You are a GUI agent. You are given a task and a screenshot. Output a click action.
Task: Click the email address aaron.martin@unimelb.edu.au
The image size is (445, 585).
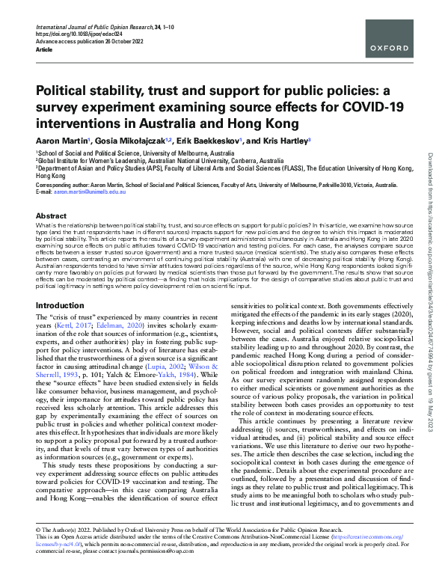88,192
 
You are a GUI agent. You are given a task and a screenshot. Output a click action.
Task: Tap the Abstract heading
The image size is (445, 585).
50,215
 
